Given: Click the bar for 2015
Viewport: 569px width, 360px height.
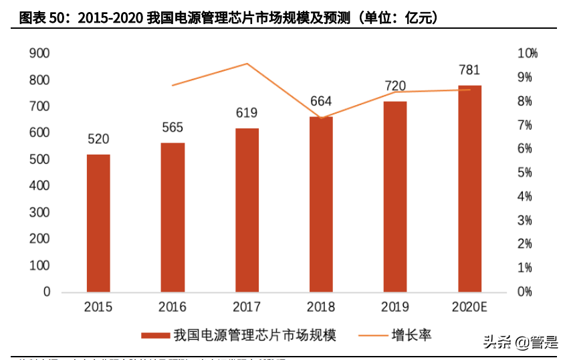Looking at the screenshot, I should (98, 223).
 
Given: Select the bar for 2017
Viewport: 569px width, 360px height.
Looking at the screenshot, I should (247, 210).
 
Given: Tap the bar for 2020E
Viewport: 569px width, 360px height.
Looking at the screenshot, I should (469, 189).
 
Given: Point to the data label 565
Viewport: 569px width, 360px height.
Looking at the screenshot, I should (173, 127).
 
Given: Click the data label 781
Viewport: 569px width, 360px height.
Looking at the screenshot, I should (469, 70).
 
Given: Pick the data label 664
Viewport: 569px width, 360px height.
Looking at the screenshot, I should (321, 101).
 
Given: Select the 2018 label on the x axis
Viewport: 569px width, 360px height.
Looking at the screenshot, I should (321, 307).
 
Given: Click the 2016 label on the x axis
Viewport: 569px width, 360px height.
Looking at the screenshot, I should (173, 307).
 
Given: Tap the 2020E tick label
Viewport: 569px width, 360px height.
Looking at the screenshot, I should (469, 307).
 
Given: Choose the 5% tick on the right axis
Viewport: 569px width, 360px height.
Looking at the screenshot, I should (526, 173).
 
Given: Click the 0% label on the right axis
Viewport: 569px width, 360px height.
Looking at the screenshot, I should (526, 292).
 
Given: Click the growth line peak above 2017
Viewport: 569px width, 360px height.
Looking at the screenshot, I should (247, 64).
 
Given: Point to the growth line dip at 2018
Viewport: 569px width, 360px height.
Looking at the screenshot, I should (321, 118).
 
